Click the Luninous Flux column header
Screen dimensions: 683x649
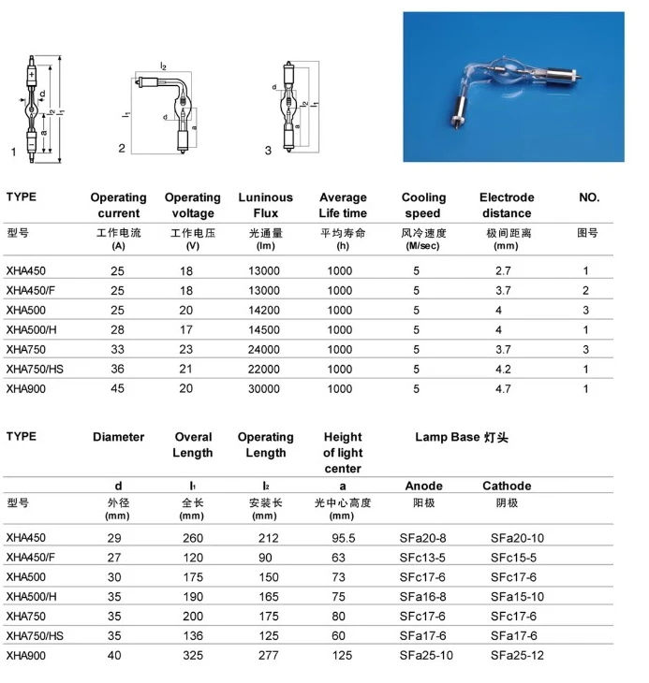[x=265, y=205]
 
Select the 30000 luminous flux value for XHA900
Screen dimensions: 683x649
[x=265, y=388]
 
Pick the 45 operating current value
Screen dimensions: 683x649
[x=118, y=388]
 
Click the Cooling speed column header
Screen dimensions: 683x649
[x=423, y=205]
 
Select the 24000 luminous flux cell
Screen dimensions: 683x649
[x=265, y=349]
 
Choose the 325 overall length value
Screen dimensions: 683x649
[x=192, y=656]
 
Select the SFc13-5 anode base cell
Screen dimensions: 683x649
[x=426, y=558]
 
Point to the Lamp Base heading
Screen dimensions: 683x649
[x=462, y=437]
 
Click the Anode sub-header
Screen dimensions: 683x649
[x=423, y=486]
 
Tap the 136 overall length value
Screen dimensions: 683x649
[x=192, y=636]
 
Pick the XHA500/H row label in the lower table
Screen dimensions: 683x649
[x=33, y=597]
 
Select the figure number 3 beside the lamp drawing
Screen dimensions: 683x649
[x=269, y=150]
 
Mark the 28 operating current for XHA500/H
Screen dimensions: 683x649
[x=118, y=329]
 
